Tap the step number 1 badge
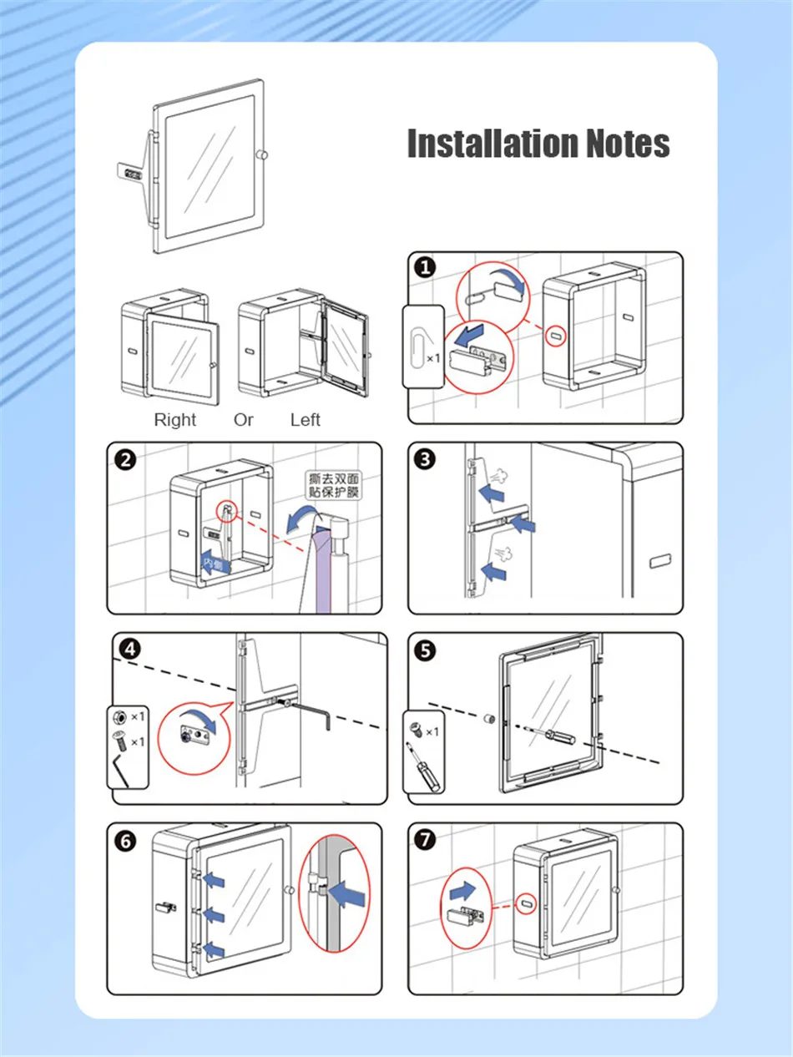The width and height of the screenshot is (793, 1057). [x=425, y=267]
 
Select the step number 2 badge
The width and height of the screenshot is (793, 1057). [x=125, y=459]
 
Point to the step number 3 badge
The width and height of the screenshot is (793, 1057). [x=425, y=459]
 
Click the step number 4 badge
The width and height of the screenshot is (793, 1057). [x=129, y=650]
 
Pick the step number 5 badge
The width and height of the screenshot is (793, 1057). [x=425, y=650]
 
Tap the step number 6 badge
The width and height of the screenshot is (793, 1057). [x=125, y=841]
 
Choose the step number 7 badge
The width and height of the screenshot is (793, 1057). [x=425, y=841]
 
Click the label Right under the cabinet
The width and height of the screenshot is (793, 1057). [x=174, y=420]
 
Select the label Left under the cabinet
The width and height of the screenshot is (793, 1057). [x=305, y=420]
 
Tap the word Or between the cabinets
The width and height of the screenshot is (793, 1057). [x=243, y=420]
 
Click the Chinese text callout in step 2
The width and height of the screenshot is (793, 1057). [x=333, y=486]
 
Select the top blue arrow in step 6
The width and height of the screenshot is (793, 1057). [x=214, y=878]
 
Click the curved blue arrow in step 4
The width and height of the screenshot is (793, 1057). [x=203, y=716]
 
